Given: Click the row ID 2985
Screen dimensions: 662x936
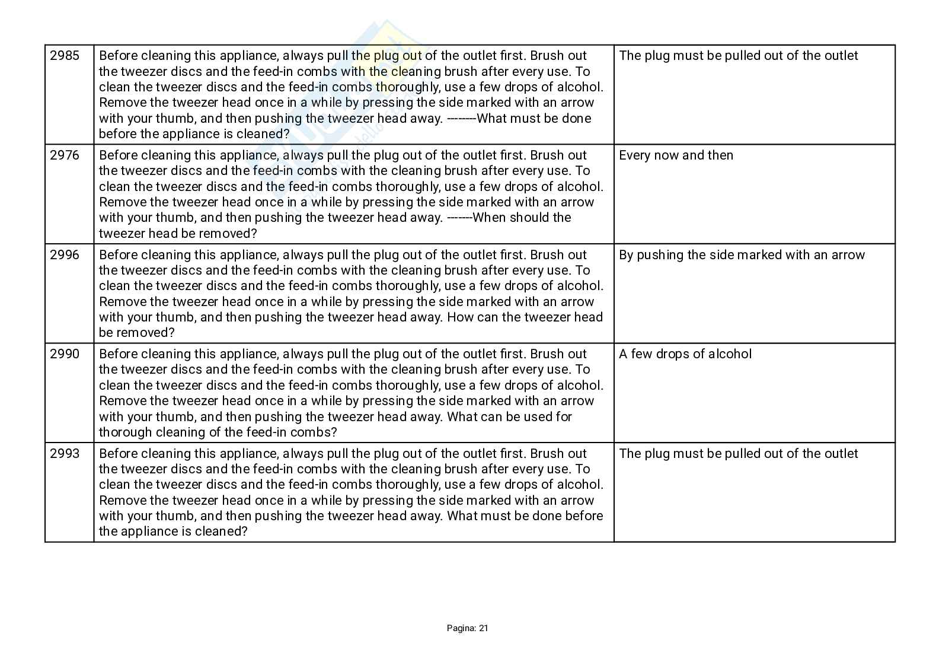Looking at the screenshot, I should click(65, 56).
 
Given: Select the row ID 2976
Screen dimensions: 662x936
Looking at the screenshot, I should click(65, 155).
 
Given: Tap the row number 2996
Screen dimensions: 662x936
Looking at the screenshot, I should click(65, 255).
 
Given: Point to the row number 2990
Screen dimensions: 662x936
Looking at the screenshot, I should click(65, 354).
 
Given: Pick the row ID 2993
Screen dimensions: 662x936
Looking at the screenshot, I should click(65, 454).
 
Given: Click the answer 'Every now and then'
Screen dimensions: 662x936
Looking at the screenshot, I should click(676, 155).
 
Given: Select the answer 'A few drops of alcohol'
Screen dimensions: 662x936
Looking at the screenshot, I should click(685, 354).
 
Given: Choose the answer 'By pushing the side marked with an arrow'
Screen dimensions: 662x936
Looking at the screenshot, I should click(742, 255).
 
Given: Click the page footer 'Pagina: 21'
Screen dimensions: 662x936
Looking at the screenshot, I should click(467, 628).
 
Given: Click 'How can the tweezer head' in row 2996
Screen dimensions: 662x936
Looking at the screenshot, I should click(525, 317).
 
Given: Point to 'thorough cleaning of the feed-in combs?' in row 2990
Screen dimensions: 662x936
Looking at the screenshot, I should click(218, 432).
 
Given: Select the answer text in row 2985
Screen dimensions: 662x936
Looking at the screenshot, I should click(738, 56).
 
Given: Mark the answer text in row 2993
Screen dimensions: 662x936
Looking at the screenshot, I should click(738, 454).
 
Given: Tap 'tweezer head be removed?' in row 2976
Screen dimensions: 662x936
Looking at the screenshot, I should click(178, 234).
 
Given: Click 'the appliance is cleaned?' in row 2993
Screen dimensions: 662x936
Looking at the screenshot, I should click(172, 531).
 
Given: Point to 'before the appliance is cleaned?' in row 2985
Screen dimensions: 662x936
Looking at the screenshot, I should click(194, 134).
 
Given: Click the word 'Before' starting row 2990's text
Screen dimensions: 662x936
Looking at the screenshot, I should click(119, 354).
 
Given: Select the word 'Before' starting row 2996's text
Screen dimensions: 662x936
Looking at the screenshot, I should click(119, 255).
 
